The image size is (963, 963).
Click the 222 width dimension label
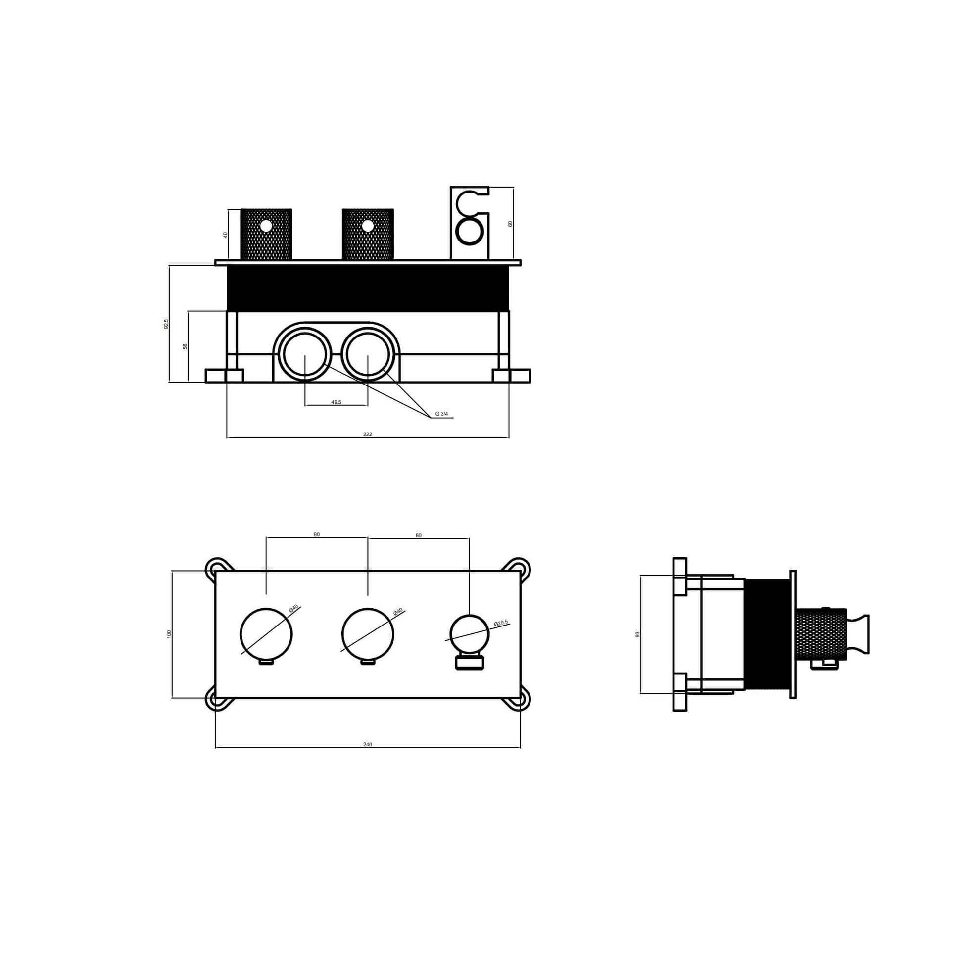(367, 434)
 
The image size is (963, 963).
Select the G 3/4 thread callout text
(441, 414)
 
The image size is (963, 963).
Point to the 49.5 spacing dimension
(336, 402)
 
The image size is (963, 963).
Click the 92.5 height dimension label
(166, 324)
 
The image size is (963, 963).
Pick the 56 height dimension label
(185, 346)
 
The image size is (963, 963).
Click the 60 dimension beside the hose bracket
(510, 224)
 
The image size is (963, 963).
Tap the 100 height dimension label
(169, 634)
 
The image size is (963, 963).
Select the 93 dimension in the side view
(637, 634)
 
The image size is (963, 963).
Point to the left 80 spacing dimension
(317, 535)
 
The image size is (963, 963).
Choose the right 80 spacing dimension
(418, 536)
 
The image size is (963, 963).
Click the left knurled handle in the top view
(266, 234)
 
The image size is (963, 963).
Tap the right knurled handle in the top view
(368, 234)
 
